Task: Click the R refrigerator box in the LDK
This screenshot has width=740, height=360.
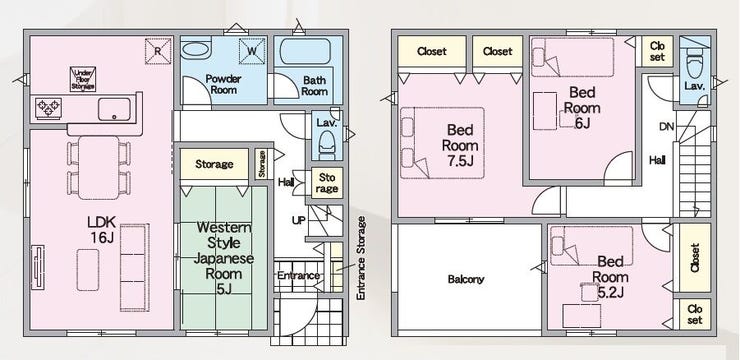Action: click(x=158, y=50)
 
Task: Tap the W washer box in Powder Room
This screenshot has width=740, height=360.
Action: click(x=252, y=50)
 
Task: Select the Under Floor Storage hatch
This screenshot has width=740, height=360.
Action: click(x=83, y=79)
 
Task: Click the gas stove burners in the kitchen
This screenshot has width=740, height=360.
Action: click(x=49, y=108)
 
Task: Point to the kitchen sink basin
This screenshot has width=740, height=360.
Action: click(x=114, y=109)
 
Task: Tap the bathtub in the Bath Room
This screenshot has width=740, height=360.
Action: click(x=305, y=51)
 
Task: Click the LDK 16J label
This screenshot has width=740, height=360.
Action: click(x=102, y=229)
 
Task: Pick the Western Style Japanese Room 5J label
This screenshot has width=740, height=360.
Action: click(x=224, y=258)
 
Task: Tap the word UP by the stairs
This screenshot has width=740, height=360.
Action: click(x=298, y=221)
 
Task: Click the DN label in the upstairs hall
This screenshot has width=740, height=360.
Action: click(x=666, y=126)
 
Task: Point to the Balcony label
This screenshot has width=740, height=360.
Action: click(x=466, y=279)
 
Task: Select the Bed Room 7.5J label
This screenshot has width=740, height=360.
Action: click(x=460, y=145)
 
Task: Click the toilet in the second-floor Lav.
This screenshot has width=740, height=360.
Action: click(x=694, y=64)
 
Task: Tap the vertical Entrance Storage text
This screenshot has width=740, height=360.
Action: click(x=362, y=258)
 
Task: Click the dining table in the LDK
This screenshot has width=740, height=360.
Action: click(x=99, y=167)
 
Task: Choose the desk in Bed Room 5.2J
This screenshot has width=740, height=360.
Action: click(x=582, y=316)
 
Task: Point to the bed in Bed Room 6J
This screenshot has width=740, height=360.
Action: click(x=572, y=57)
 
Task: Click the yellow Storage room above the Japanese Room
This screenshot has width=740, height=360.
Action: click(x=214, y=164)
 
